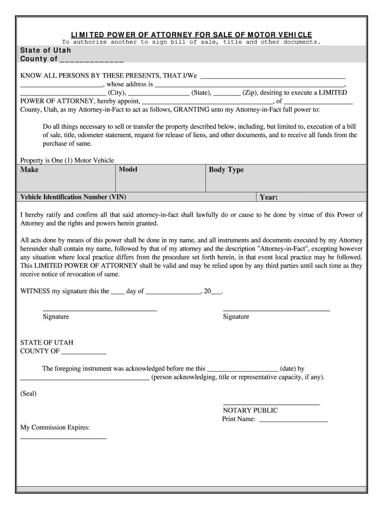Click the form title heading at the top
(191, 34)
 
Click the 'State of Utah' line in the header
(46, 51)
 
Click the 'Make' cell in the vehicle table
(29, 170)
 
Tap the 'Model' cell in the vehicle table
(128, 170)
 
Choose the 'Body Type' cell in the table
(226, 170)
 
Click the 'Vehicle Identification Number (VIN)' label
(73, 197)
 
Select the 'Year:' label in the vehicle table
(269, 197)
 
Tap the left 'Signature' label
(56, 317)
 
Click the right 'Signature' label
(236, 317)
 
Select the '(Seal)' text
(28, 394)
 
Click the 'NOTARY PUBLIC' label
(250, 411)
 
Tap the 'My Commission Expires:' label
(55, 427)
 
